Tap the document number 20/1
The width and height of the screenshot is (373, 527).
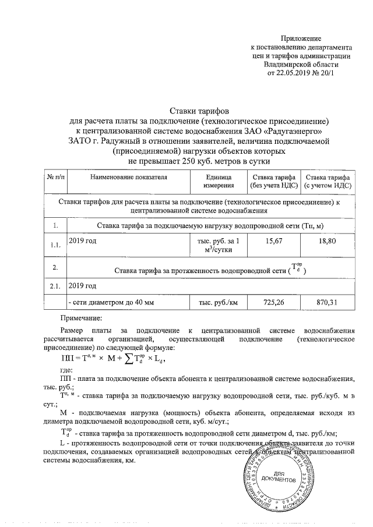[327, 75]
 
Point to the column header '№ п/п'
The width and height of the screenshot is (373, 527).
[55, 177]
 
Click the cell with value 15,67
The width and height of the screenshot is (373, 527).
[273, 240]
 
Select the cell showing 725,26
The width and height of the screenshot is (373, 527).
[273, 303]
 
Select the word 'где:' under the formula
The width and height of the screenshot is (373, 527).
[66, 370]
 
